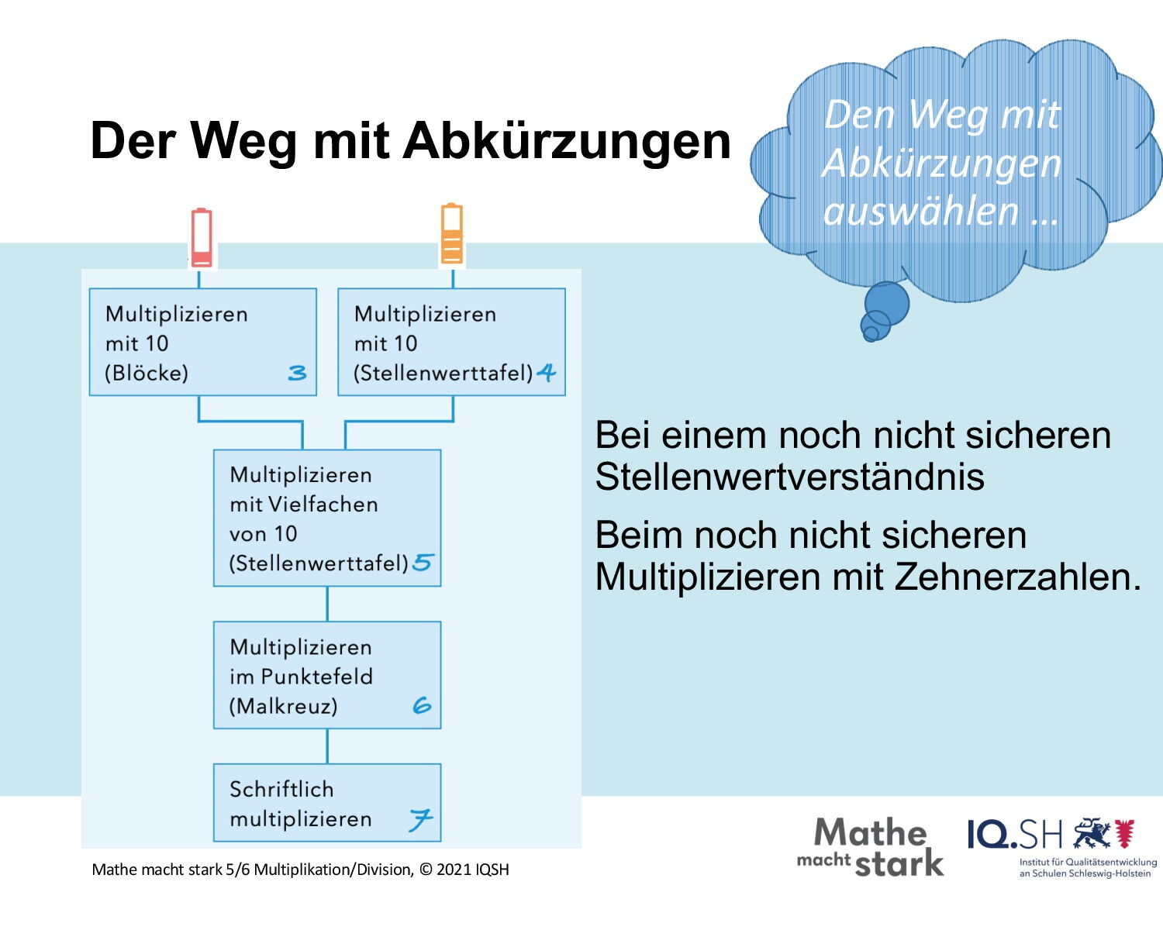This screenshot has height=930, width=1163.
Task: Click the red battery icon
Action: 202,237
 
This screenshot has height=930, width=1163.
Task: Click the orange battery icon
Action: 452,233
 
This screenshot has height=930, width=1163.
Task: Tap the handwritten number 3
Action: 297,373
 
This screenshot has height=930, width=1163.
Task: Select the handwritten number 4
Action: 547,372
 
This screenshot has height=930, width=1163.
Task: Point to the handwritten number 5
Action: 423,563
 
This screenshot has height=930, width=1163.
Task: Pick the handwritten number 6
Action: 422,705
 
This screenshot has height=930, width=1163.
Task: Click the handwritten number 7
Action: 421,820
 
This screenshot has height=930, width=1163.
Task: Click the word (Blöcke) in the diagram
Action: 147,373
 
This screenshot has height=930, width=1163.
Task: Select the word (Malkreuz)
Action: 283,706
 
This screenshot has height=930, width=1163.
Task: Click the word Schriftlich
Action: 281,789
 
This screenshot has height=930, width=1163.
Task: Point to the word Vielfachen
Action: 323,505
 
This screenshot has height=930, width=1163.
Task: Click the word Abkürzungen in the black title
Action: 567,142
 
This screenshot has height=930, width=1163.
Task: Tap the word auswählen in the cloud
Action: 921,212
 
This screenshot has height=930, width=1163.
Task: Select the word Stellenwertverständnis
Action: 789,477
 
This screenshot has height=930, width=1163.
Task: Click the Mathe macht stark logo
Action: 871,847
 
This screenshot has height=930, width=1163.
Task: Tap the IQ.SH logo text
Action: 1015,835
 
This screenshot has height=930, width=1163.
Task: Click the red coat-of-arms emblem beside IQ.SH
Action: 1125,833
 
